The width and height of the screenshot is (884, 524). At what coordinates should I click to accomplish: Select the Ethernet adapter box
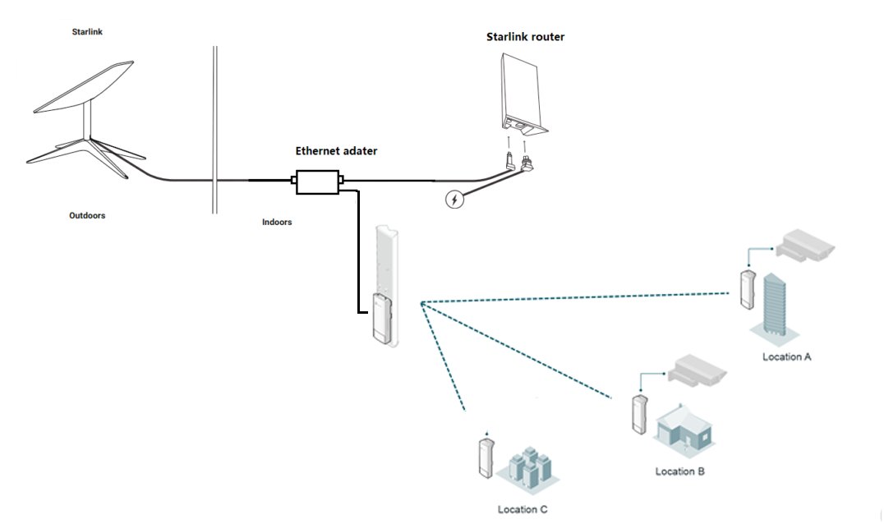tap(318, 182)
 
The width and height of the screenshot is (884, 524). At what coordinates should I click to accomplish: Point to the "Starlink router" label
tap(526, 37)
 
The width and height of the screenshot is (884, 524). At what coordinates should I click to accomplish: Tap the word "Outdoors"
tap(87, 216)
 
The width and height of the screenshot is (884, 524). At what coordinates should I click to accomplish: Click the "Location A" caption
tap(787, 357)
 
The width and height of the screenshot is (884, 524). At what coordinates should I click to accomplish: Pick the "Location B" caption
tap(679, 471)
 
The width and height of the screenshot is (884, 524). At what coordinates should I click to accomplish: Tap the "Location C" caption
tap(523, 510)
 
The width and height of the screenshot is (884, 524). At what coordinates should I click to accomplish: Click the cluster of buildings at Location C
tap(525, 468)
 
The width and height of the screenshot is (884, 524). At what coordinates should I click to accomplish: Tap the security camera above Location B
tap(697, 370)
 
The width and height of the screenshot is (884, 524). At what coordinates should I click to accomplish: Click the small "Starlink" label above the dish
tap(87, 32)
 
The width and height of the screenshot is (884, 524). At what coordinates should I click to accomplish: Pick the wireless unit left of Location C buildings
tap(486, 459)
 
